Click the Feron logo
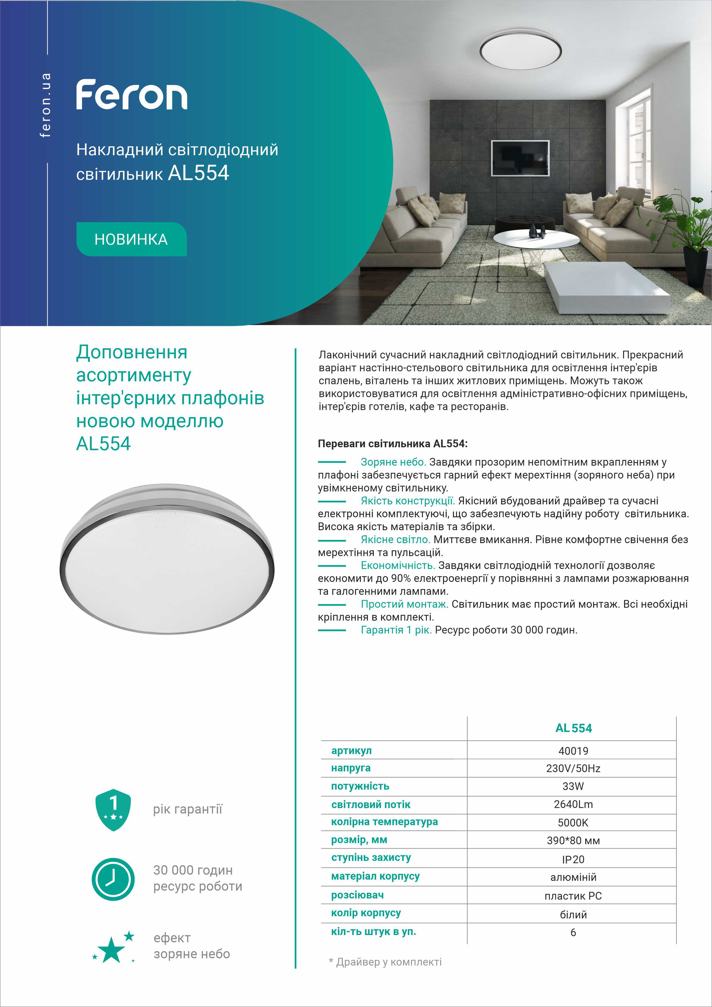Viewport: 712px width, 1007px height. coord(131,94)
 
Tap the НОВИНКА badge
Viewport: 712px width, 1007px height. coord(131,240)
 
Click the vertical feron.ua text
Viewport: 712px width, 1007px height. coord(46,105)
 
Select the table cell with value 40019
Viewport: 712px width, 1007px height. coord(573,751)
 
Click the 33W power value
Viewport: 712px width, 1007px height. coord(573,786)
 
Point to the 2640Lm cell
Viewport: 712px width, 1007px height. coord(573,804)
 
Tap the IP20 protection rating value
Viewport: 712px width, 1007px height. coord(573,860)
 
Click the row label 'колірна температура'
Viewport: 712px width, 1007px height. coord(384,822)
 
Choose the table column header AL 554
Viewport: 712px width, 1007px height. coord(573,728)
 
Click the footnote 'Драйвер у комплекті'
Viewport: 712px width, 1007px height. coord(388,962)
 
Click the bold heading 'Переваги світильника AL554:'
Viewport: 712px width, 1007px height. coord(392,444)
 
